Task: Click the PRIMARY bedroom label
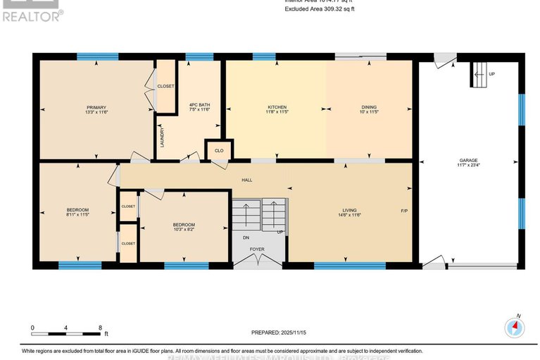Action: pos(96,108)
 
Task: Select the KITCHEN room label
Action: pos(276,108)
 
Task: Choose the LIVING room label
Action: pos(350,211)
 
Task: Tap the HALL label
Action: pos(247,180)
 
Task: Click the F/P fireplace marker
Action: pos(404,211)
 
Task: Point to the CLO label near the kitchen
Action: pos(218,150)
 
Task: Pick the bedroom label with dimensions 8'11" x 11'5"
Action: pos(77,211)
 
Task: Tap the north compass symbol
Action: pos(515,328)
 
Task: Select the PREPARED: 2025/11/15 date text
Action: pos(280,332)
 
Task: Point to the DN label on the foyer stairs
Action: pos(245,237)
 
